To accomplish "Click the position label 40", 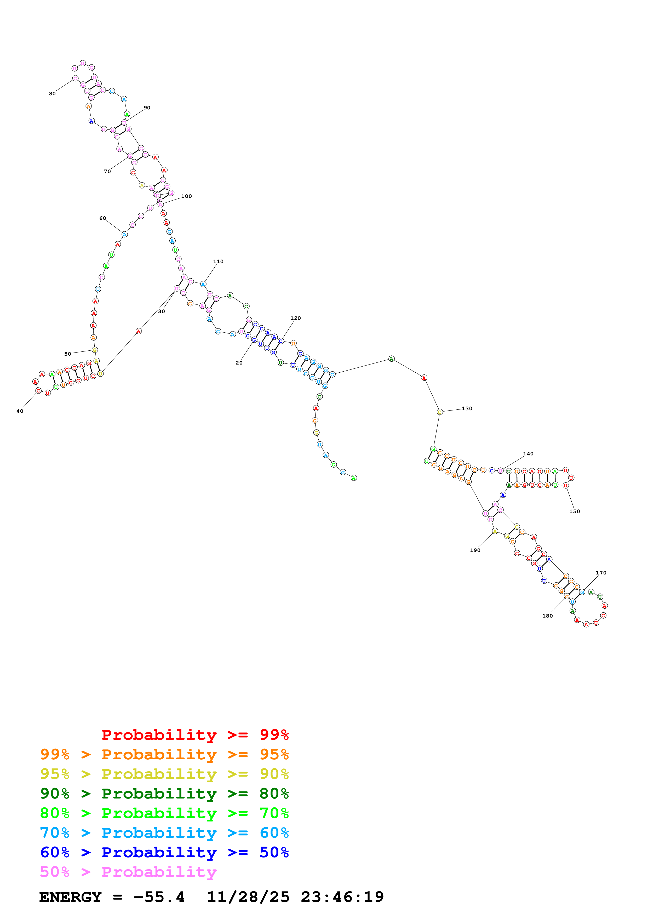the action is (20, 411).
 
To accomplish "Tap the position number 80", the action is (52, 94).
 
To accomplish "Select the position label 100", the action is (186, 196).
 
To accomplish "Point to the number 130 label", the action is (467, 409).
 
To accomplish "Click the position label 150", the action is (575, 512).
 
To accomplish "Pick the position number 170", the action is (601, 573).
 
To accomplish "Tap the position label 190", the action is (475, 550).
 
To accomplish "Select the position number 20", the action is (239, 363).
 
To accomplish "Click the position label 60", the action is (103, 218).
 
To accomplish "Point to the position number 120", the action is (295, 318).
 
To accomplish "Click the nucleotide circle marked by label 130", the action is (440, 412).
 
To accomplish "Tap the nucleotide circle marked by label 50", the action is (95, 350).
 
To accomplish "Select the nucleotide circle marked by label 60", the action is (125, 234).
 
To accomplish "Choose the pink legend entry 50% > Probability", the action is (128, 872).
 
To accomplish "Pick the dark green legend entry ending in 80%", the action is (164, 794).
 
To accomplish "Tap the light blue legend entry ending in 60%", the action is (164, 833).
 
